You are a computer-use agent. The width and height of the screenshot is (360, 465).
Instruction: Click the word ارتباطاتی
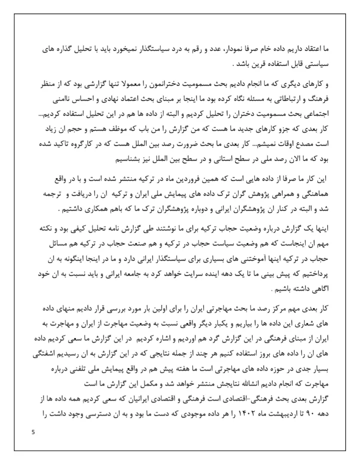(284, 97)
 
